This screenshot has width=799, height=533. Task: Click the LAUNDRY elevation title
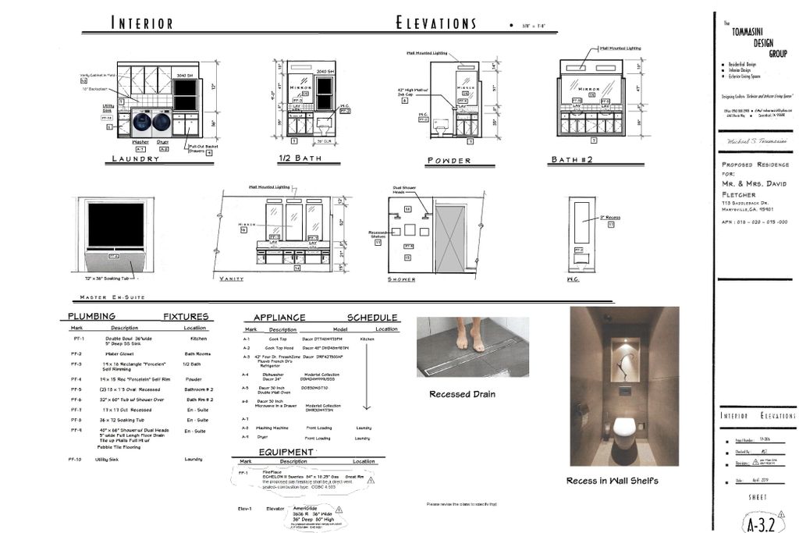pyautogui.click(x=135, y=158)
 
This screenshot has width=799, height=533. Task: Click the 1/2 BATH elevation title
pyautogui.click(x=300, y=158)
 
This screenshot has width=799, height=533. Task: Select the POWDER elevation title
pyautogui.click(x=449, y=161)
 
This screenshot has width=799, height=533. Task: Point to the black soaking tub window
pyautogui.click(x=115, y=226)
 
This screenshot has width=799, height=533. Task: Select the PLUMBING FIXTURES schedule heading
pyautogui.click(x=138, y=317)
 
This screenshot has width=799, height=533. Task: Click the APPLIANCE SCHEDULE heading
pyautogui.click(x=325, y=318)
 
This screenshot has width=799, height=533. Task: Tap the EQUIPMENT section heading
pyautogui.click(x=286, y=452)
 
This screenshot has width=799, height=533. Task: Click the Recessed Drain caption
pyautogui.click(x=462, y=394)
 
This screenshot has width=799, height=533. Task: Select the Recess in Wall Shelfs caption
pyautogui.click(x=612, y=481)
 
